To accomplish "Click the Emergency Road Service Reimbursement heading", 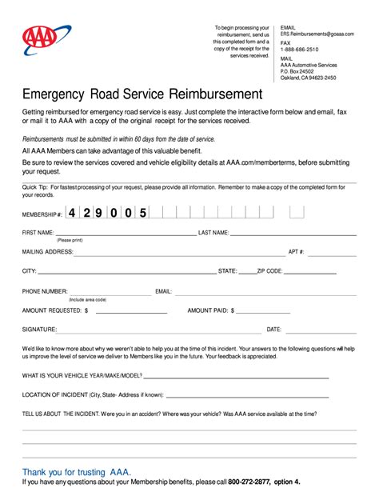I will coord(142,94).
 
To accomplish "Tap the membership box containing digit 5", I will coord(144,213).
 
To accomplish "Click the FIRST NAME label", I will coord(39,233).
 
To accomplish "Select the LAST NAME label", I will coord(213,233).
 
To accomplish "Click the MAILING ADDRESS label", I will coord(47,251).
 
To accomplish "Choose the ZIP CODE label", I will coord(269,271).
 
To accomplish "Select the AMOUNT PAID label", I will coord(210,310).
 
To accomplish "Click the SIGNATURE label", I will coord(39,329).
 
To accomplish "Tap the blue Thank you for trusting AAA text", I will coord(77,472).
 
